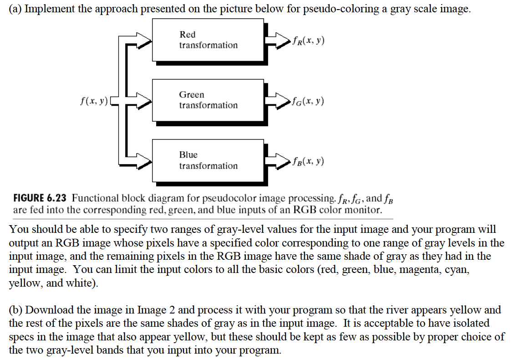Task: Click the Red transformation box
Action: point(208,40)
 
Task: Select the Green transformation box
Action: point(208,100)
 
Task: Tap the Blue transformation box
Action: point(208,160)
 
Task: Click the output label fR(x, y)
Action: point(309,41)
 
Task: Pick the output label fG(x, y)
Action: point(309,101)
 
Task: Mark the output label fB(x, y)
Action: point(309,161)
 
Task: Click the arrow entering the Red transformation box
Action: point(139,41)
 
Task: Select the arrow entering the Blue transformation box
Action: point(139,161)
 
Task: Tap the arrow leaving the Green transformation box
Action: point(278,100)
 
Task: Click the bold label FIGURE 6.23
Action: point(40,198)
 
